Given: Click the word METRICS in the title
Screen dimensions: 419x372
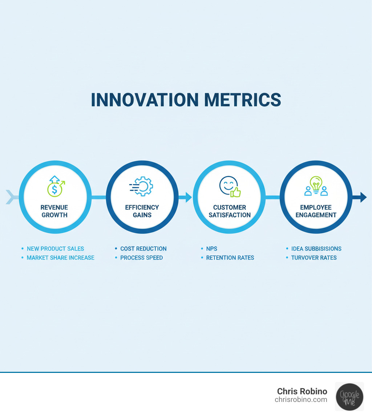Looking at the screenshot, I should [243, 100].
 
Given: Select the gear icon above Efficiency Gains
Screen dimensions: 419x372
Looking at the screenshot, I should [142, 187].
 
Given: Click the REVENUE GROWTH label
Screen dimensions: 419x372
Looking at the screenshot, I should [54, 211].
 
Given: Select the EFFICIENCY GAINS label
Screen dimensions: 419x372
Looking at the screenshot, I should [142, 211].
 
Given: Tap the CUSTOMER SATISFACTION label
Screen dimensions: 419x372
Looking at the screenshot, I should [230, 211].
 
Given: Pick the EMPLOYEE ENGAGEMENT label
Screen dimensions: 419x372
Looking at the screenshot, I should [316, 211].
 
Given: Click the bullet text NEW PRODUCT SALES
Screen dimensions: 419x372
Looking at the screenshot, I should [55, 249].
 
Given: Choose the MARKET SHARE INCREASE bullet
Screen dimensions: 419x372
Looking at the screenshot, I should [60, 258].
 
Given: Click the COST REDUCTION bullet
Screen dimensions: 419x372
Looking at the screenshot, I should [143, 249].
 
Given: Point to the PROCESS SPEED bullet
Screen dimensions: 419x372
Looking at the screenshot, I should [141, 258].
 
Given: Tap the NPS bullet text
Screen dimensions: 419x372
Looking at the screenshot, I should [211, 249].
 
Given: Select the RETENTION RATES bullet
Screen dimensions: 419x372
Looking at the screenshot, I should [230, 258].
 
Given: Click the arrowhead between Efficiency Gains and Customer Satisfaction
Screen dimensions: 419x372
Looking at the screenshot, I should [189, 198].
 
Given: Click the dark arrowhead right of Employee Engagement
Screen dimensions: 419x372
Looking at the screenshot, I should [363, 198].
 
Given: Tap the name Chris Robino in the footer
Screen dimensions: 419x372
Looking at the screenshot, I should [302, 391].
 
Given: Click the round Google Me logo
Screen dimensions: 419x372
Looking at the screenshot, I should [349, 396].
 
